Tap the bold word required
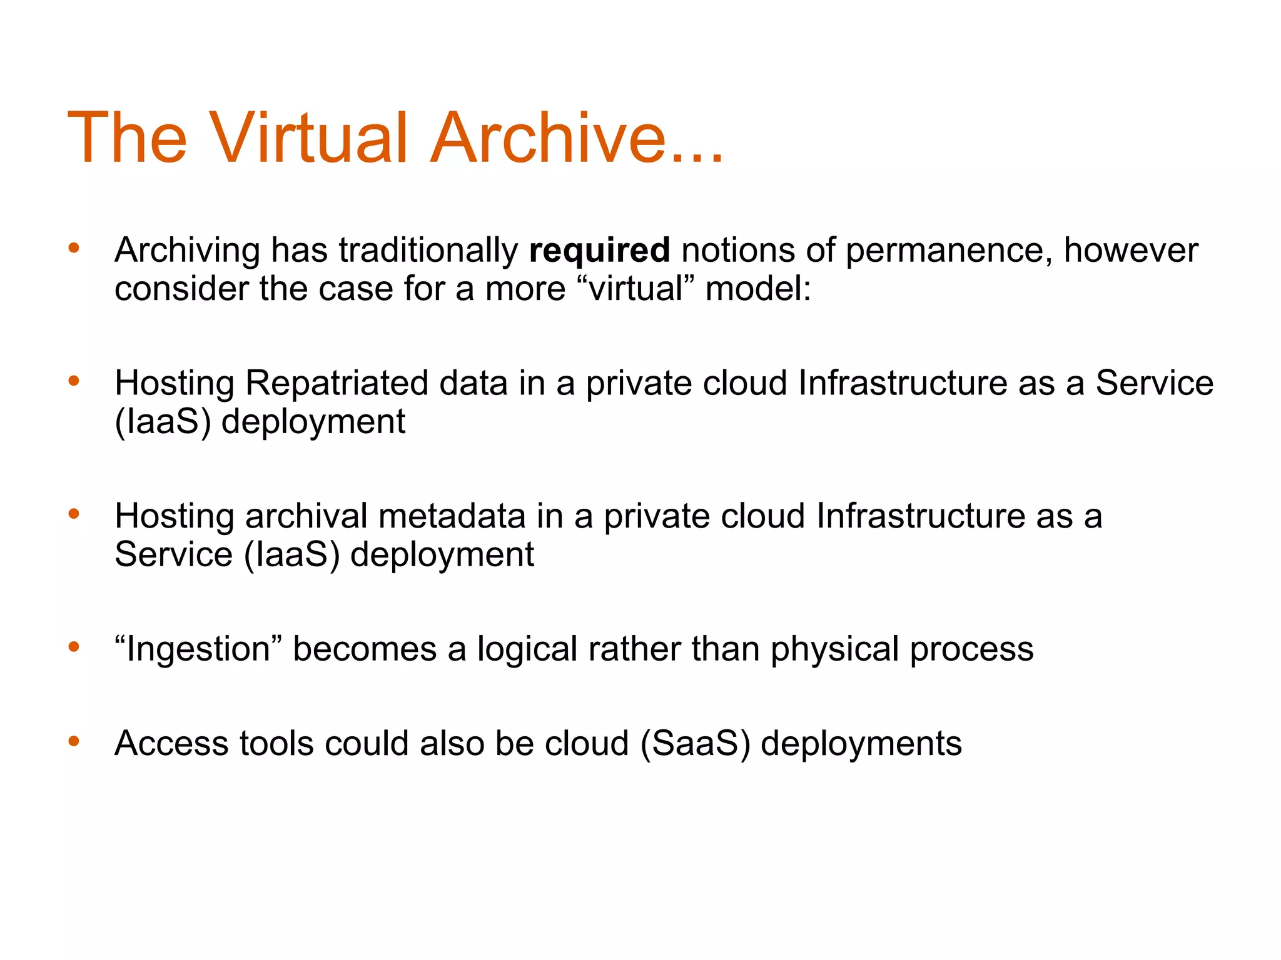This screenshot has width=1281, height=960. pyautogui.click(x=599, y=250)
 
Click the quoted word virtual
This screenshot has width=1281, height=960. pyautogui.click(x=635, y=289)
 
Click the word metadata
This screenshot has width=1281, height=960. pyautogui.click(x=452, y=516)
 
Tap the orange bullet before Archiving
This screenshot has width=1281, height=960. pyautogui.click(x=74, y=248)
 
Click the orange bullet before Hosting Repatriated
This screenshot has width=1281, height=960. pyautogui.click(x=74, y=381)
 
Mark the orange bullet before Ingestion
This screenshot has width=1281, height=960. pyautogui.click(x=74, y=647)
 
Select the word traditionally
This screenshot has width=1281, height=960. pyautogui.click(x=428, y=251)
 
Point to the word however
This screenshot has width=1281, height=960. pyautogui.click(x=1131, y=250)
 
